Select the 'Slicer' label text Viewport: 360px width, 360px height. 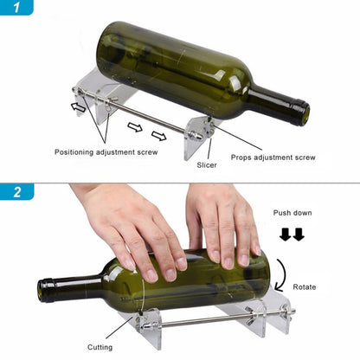click(x=206, y=163)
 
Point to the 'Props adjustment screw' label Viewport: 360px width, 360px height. click(x=273, y=157)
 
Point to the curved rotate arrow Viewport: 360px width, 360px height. click(x=283, y=281)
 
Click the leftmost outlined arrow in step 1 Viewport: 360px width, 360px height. click(x=79, y=108)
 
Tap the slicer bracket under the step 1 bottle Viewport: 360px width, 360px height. click(x=199, y=138)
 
